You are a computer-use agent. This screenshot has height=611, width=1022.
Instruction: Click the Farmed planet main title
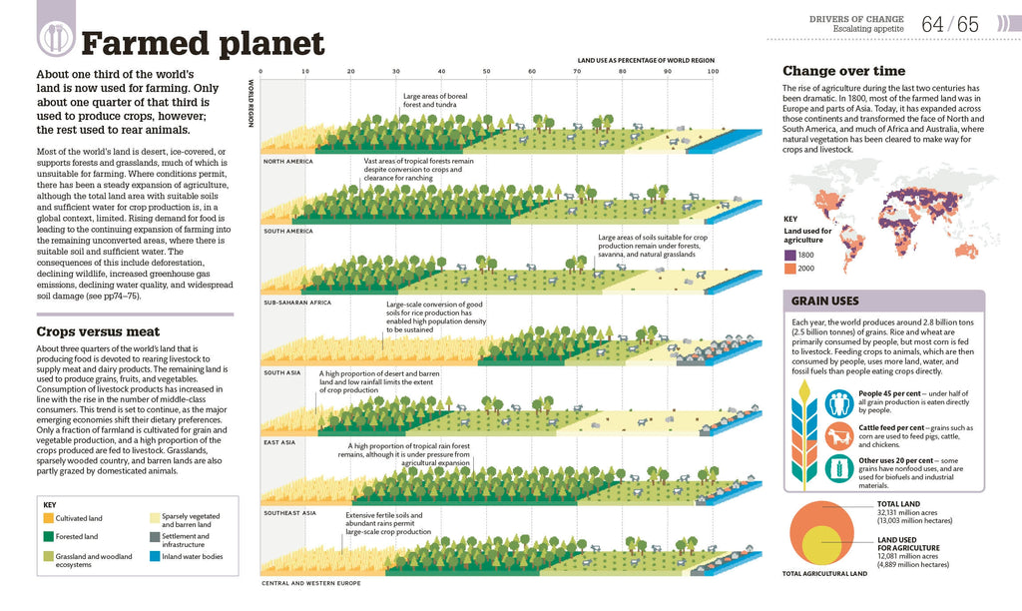[203, 44]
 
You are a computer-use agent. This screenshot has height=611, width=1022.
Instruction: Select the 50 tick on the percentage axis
[486, 72]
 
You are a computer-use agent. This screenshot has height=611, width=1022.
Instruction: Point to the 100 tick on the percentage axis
[712, 72]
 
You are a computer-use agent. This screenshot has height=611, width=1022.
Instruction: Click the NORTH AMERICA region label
[287, 161]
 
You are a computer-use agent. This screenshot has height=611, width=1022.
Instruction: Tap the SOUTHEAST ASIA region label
[289, 512]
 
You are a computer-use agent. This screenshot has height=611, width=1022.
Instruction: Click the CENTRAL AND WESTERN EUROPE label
[310, 582]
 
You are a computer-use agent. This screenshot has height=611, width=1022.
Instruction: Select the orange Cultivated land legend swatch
[49, 519]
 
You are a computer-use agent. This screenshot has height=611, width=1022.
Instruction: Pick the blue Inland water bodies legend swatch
[155, 556]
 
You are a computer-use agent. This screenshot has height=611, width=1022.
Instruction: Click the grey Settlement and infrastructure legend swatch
[155, 537]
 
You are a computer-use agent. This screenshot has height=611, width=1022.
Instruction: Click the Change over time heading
[843, 71]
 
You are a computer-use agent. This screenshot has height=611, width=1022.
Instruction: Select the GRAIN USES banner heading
[824, 301]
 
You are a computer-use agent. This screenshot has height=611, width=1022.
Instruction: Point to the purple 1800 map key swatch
[789, 255]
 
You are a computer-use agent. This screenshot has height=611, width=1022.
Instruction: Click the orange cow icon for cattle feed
[839, 435]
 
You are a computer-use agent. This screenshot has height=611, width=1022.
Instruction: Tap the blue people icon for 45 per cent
[839, 402]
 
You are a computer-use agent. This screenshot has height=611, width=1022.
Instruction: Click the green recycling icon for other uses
[839, 468]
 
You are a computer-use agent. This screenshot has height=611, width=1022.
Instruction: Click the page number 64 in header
[933, 24]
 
